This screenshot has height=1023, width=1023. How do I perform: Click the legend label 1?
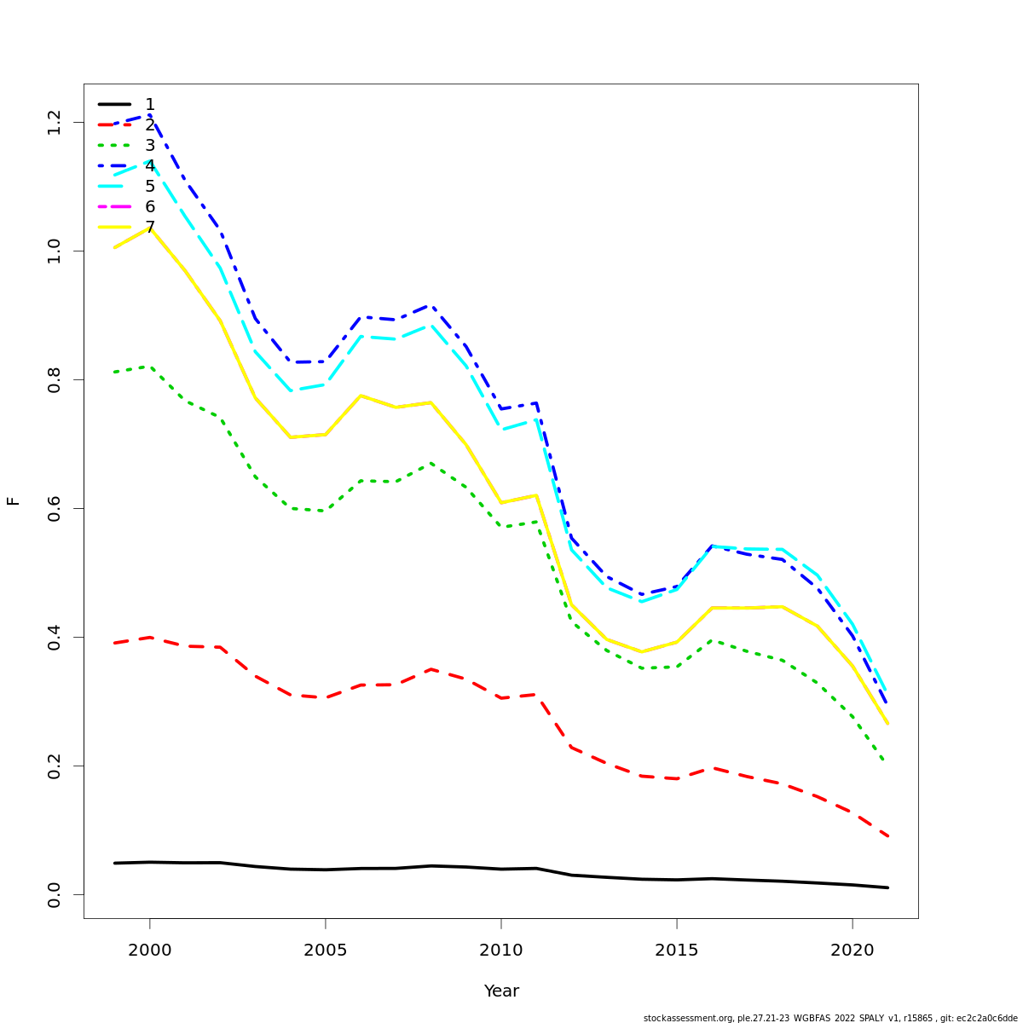tap(150, 105)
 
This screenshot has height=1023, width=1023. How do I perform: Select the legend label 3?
tap(150, 146)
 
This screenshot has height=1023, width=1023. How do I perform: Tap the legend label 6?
tap(150, 207)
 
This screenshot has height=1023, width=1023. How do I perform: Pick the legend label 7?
tap(150, 228)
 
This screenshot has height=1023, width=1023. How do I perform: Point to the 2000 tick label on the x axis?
tap(150, 950)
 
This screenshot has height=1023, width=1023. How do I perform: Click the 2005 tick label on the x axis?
tap(326, 950)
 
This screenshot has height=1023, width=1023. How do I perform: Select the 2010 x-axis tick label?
tap(501, 950)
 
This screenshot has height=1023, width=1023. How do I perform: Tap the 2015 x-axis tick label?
tap(677, 950)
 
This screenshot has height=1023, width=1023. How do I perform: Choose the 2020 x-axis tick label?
tap(852, 950)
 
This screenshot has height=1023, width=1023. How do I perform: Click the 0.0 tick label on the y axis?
tap(54, 894)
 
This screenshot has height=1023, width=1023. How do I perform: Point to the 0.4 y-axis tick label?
tap(54, 637)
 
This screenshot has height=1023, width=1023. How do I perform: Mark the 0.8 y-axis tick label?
tap(54, 379)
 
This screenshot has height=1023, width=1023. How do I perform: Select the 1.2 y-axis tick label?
tap(54, 122)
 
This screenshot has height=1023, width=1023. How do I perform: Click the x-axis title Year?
tap(501, 991)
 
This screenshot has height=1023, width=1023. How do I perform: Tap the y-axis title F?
tap(13, 500)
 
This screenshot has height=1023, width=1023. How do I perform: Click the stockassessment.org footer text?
tap(829, 1018)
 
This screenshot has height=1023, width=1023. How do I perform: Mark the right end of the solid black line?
tap(887, 887)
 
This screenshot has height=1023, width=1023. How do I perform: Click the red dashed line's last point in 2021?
tap(887, 836)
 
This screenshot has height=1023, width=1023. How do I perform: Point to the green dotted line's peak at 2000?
tap(150, 367)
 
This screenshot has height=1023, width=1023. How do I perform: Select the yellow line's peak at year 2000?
tap(150, 228)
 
